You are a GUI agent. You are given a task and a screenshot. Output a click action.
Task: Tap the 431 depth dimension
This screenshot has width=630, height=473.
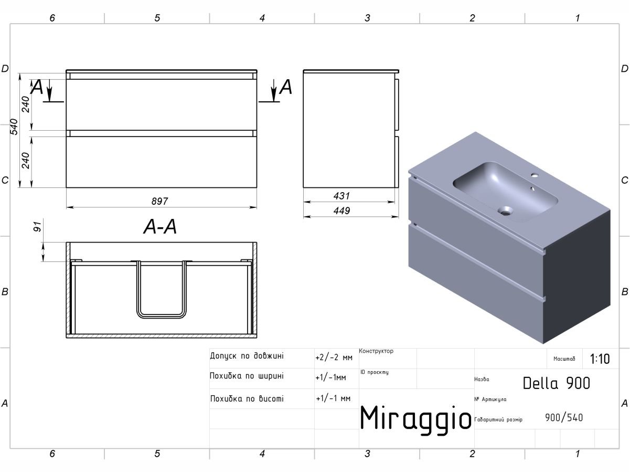341,196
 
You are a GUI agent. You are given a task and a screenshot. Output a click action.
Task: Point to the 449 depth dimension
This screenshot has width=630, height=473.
341,211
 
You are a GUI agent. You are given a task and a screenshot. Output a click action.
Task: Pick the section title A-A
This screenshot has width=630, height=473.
160,227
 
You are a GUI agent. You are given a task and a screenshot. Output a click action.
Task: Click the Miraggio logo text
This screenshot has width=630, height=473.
415,418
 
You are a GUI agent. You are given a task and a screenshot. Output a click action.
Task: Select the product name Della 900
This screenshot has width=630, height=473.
556,383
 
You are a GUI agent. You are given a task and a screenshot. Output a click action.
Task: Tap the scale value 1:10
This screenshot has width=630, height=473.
600,360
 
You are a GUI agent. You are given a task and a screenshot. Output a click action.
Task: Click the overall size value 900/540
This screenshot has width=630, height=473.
564,418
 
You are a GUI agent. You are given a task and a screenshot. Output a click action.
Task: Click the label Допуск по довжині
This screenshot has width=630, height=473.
247,356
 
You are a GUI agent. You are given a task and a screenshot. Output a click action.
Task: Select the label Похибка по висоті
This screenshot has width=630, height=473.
247,399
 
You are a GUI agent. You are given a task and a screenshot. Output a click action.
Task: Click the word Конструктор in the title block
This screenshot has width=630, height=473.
376,351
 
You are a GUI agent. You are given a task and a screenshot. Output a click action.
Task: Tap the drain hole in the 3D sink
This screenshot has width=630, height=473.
506,212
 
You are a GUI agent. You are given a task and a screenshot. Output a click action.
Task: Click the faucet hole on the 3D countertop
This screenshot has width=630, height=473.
536,175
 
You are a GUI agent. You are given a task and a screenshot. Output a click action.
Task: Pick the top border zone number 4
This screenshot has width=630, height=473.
262,18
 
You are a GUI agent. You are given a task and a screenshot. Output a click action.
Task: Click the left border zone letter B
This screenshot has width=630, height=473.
5,292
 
